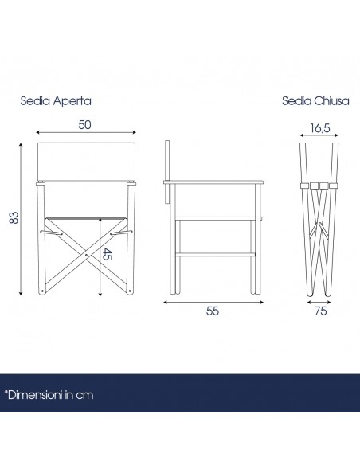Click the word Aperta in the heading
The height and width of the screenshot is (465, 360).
pos(72,101)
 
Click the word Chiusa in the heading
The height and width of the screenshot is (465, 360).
pos(331,101)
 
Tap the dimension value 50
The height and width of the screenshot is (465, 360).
pos(84,125)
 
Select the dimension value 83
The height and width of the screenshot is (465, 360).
pos(14,217)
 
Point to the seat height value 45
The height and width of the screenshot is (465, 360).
pos(108,254)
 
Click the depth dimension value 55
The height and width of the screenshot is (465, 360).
pos(213,311)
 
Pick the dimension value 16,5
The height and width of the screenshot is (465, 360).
pos(320,128)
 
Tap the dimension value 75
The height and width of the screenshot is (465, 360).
pos(320,311)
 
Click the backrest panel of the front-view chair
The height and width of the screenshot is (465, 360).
pos(87,162)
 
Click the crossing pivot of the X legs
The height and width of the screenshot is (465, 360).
pos(86,255)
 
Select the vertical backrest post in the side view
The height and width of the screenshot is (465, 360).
pos(167,172)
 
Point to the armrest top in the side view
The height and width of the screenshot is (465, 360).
pos(213,182)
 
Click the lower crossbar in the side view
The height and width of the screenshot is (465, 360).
pos(215,254)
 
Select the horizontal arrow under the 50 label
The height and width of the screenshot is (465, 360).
pos(86,132)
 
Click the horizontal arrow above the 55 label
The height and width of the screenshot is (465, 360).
pos(213,303)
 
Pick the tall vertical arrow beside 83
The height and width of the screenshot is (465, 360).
pos(21,219)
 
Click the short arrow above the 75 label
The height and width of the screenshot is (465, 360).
pos(319,303)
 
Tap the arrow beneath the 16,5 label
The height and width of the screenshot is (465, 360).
pos(319,135)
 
